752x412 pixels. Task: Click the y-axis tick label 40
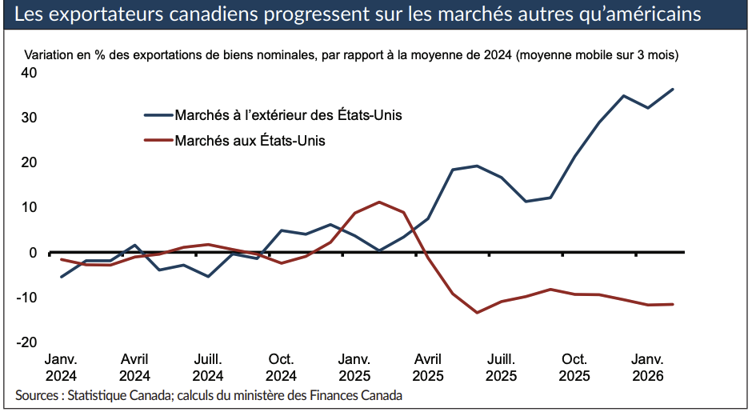[29, 73]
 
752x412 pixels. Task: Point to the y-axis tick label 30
[29, 118]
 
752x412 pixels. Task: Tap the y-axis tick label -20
[27, 342]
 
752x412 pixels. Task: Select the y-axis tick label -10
[27, 298]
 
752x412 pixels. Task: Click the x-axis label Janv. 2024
[61, 367]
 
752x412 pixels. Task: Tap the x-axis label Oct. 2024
[281, 367]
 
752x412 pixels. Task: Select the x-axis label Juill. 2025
[501, 367]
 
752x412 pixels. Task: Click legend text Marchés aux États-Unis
[250, 141]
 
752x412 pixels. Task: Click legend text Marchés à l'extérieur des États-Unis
[288, 115]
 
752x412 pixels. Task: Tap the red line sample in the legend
[158, 141]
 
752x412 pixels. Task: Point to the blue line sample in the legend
[158, 115]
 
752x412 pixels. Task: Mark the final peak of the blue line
[673, 89]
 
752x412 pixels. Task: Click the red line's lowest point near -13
[478, 312]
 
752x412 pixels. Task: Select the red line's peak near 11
[379, 202]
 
